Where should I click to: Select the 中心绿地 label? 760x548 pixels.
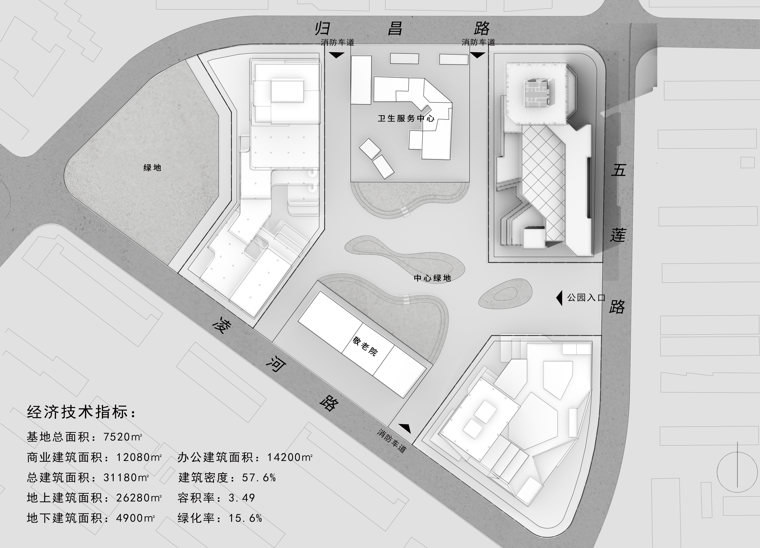[432, 278]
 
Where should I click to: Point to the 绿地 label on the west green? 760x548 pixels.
[153, 168]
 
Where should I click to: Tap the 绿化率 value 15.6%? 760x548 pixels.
[245, 518]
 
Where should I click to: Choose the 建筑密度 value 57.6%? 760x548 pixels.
[259, 477]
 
